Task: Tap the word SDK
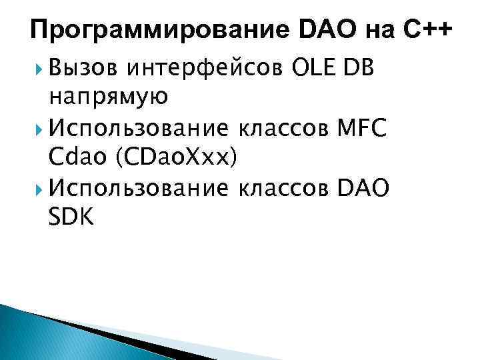71,217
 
